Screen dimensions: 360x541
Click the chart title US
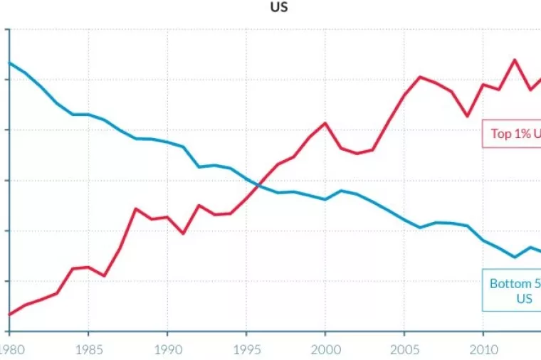click(279, 8)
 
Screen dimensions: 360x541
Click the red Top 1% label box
click(512, 134)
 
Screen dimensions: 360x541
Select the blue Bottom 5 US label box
click(512, 290)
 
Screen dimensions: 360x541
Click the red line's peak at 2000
click(325, 123)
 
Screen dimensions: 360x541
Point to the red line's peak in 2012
click(515, 60)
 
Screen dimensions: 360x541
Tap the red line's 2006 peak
click(420, 77)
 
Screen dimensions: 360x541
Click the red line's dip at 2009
click(467, 116)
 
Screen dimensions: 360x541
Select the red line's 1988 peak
click(135, 208)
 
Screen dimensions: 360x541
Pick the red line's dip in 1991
click(183, 233)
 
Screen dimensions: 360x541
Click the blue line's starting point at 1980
click(9, 63)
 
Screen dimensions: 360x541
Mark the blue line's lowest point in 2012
click(515, 257)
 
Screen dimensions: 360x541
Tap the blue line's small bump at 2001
click(341, 190)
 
